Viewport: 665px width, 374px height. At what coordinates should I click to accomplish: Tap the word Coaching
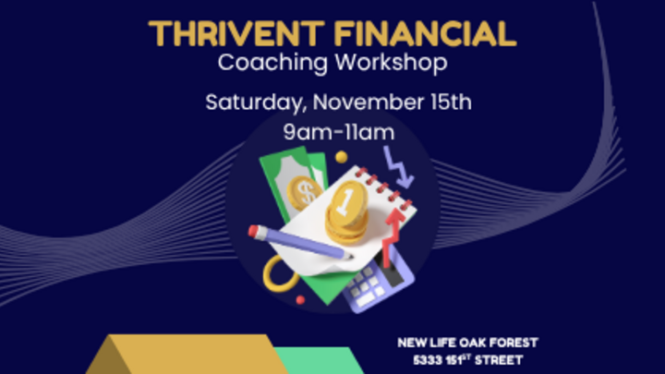pos(263,64)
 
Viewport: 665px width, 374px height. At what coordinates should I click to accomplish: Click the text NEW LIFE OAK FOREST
pos(467,343)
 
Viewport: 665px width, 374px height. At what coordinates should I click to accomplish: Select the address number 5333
pos(429,359)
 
